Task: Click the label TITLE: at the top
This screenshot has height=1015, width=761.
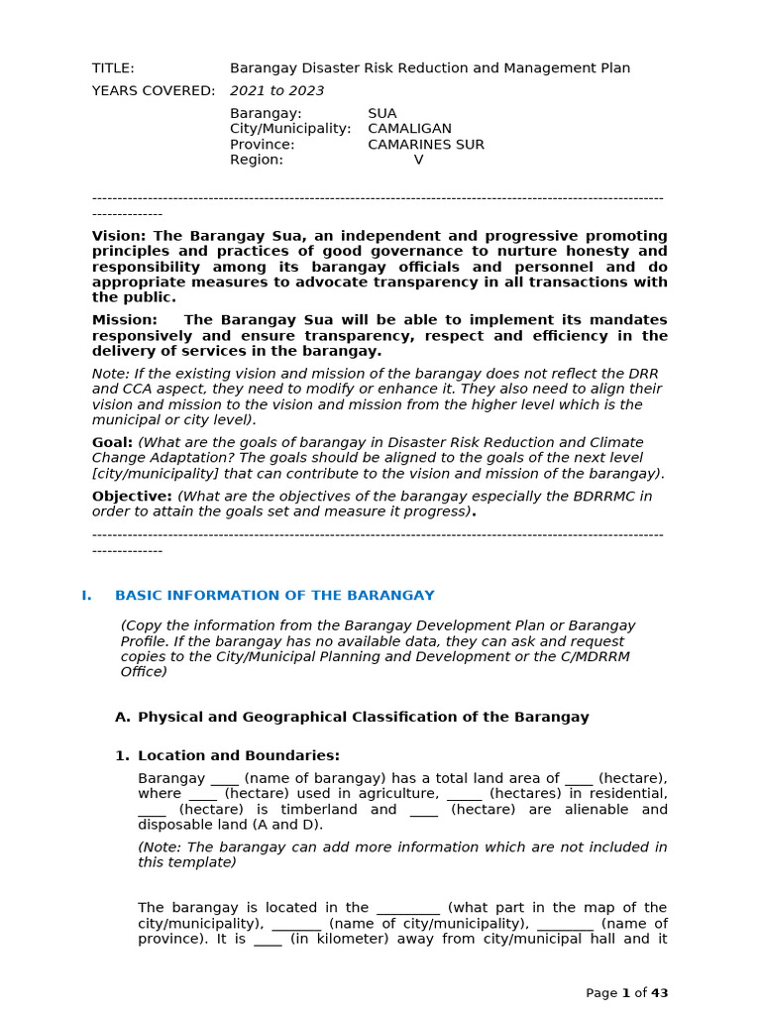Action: click(113, 68)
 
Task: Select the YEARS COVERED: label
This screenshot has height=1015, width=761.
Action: click(153, 91)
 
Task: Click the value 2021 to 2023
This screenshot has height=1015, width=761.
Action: click(276, 91)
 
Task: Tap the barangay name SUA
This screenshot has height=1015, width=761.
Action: click(381, 114)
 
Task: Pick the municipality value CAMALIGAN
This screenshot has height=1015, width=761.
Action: click(409, 129)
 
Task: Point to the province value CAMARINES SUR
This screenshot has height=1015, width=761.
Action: click(425, 145)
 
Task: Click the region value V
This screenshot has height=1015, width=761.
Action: click(418, 160)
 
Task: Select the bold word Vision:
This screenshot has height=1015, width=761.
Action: click(119, 236)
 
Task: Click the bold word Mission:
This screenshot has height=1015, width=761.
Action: click(124, 320)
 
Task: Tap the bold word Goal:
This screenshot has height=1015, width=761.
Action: click(112, 442)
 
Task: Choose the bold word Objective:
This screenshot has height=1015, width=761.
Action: click(132, 496)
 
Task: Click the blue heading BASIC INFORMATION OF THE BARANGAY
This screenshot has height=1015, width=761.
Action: click(274, 596)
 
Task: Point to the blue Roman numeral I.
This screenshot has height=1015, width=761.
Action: click(86, 596)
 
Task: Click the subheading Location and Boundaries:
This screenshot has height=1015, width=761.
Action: click(238, 755)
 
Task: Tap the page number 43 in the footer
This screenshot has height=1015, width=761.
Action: click(659, 993)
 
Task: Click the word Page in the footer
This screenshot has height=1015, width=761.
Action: click(600, 993)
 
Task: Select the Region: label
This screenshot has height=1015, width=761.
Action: click(256, 160)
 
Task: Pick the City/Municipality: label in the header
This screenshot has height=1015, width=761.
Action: click(290, 129)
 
